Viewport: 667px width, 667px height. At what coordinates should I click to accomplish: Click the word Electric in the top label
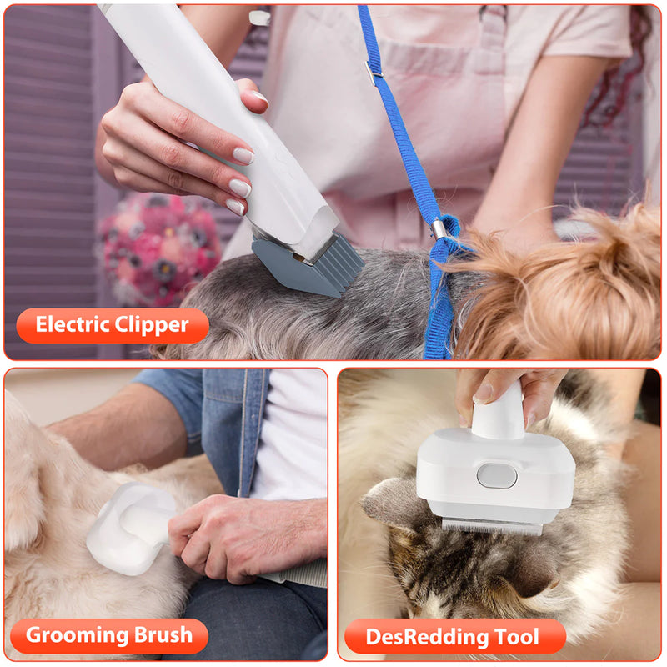73,325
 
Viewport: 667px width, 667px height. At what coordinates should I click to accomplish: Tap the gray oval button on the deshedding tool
496,476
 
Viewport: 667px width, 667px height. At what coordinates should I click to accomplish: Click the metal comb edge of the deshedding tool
492,525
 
